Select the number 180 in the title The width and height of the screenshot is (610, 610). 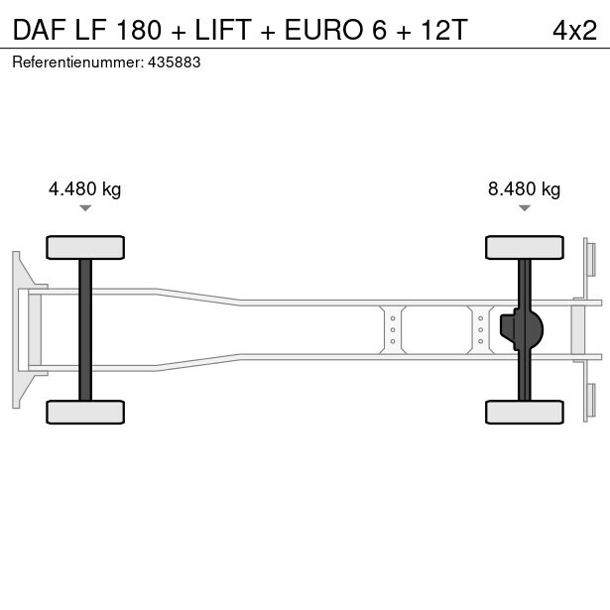(139, 30)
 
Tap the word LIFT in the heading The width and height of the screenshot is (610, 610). (223, 30)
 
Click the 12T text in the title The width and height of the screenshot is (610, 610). (444, 30)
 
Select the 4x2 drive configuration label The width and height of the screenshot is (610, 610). (574, 31)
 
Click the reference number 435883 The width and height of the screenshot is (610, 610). (175, 62)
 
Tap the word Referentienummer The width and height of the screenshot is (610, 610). (78, 62)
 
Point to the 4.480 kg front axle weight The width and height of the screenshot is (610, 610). (85, 189)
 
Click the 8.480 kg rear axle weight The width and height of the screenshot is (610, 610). (524, 189)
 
